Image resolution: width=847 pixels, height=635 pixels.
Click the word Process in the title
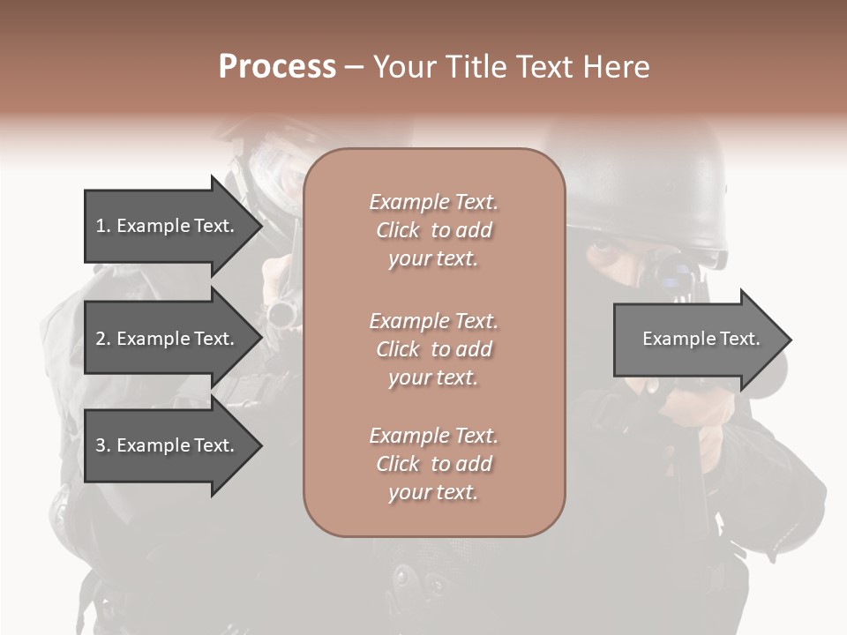(x=277, y=67)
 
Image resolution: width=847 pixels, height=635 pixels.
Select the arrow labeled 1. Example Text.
(x=168, y=226)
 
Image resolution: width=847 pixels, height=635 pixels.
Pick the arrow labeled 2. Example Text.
(x=168, y=339)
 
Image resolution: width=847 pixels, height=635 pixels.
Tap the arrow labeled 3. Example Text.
(x=168, y=445)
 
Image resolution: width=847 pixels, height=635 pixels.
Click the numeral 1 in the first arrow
(x=101, y=226)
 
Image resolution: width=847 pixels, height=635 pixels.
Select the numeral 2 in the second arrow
(x=101, y=339)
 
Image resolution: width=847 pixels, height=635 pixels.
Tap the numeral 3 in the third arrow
(x=101, y=445)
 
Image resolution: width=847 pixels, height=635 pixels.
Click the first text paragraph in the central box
(x=433, y=230)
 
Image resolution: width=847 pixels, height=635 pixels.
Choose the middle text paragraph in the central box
(x=433, y=349)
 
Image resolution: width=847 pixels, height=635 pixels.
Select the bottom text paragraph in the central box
(x=433, y=464)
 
